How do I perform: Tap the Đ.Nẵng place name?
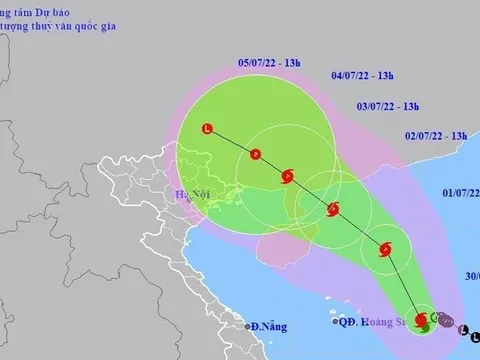pos(267,325)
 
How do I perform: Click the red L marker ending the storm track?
pos(207,128)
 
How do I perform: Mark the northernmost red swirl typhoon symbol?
pos(288,177)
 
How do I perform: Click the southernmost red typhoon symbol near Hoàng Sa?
pos(421,321)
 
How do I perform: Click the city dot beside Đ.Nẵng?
pos(246,326)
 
